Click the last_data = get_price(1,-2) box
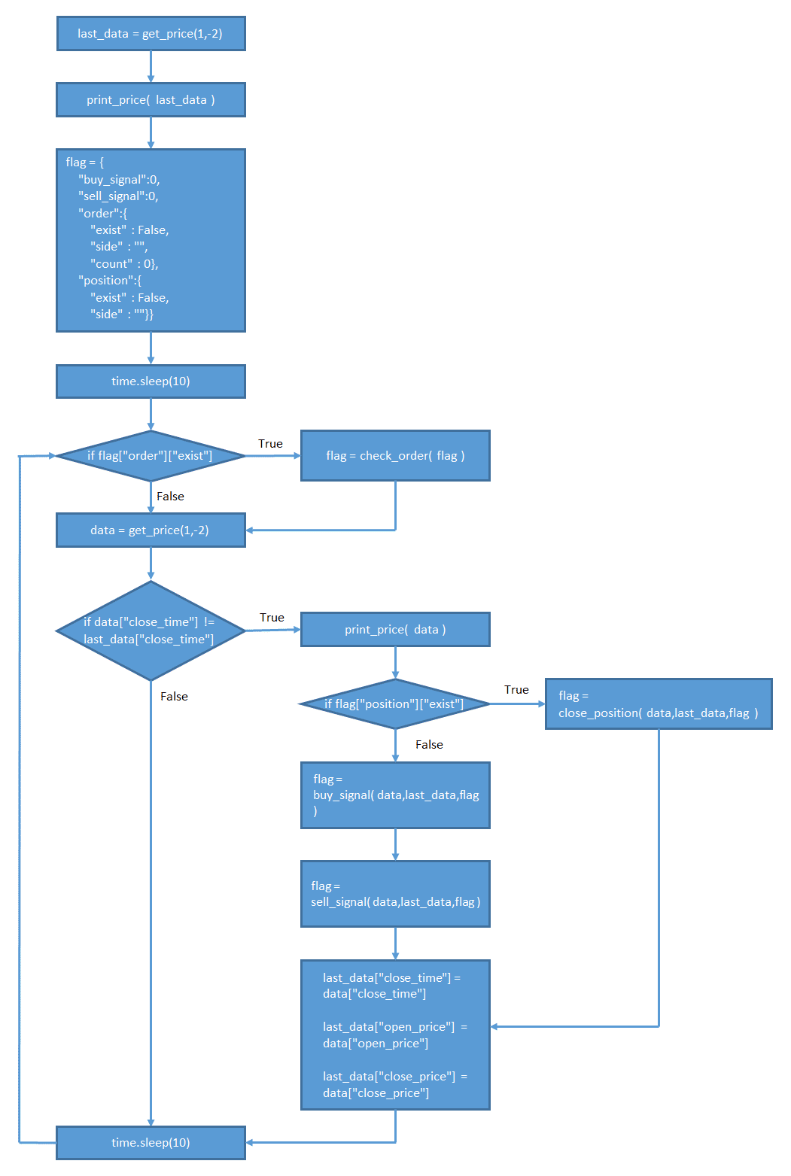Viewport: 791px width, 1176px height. [x=151, y=34]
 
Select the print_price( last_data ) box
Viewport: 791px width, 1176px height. [x=151, y=100]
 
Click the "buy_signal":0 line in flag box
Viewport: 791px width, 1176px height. [x=119, y=180]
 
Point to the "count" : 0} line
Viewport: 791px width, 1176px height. [x=124, y=264]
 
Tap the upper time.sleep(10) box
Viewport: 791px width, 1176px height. [x=151, y=381]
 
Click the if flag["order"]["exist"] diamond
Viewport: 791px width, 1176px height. [x=151, y=456]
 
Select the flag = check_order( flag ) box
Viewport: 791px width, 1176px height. [x=395, y=456]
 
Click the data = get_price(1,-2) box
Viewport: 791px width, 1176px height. [x=151, y=530]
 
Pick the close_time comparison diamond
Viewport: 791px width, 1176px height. [x=151, y=631]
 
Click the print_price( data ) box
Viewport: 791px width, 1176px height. [x=395, y=630]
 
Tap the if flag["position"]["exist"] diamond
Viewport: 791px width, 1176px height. [x=394, y=704]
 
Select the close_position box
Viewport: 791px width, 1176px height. [x=659, y=704]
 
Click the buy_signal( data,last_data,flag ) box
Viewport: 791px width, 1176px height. [x=395, y=795]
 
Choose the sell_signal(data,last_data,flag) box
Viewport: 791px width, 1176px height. [x=395, y=894]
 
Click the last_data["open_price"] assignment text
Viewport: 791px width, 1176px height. [x=395, y=1035]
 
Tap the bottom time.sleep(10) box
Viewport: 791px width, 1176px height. [x=151, y=1143]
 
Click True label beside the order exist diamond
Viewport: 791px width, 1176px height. [x=270, y=444]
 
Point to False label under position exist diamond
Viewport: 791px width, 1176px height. [x=429, y=745]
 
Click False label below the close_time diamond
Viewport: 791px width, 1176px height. [x=174, y=697]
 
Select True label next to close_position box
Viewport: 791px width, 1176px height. [x=516, y=690]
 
